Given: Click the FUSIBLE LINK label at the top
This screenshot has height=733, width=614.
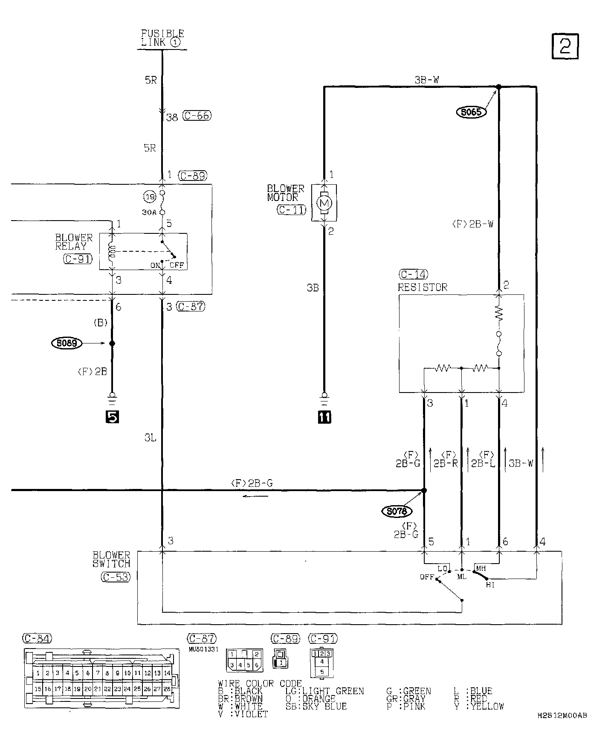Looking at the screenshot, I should [162, 38].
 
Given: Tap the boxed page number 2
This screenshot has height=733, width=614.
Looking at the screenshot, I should [565, 46].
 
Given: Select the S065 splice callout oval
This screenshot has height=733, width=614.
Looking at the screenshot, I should [471, 112].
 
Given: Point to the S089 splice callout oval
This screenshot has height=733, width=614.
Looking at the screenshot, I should [66, 343].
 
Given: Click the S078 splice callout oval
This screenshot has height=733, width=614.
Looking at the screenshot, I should [397, 511].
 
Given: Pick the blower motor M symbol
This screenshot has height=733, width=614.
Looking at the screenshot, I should [324, 203].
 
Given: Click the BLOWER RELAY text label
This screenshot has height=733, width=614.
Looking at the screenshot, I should [73, 242].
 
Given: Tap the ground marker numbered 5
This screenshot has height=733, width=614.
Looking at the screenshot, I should [112, 417].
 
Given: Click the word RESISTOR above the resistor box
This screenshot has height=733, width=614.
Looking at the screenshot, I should [423, 287].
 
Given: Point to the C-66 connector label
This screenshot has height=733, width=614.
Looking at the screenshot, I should [197, 116].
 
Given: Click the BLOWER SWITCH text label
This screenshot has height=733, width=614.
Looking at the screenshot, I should [111, 559].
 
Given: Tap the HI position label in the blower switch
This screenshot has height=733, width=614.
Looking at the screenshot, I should [490, 585].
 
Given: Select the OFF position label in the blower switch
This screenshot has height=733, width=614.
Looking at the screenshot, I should [426, 577].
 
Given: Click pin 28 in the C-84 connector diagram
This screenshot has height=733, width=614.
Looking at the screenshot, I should [167, 689].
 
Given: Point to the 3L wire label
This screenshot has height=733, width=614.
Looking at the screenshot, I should [150, 438].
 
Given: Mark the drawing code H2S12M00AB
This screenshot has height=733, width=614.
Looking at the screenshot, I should [562, 716].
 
